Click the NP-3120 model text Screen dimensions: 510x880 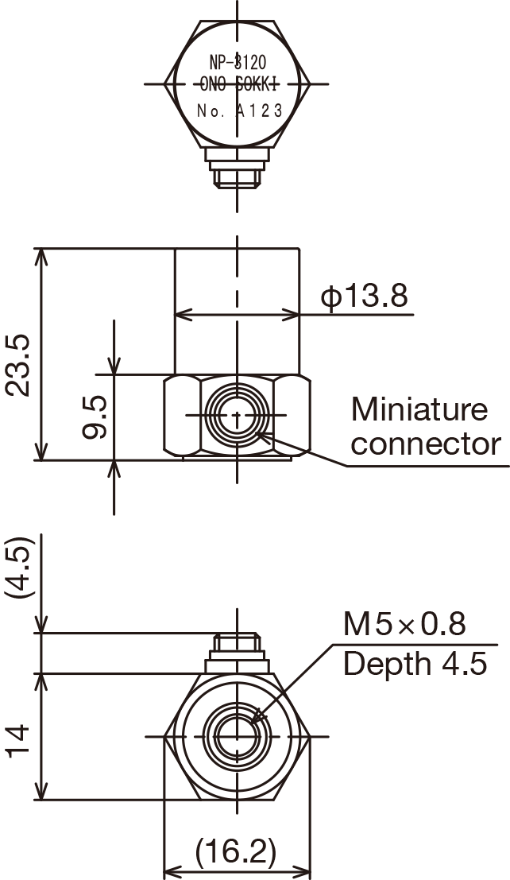[238, 61]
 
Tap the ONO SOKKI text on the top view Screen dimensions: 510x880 [239, 85]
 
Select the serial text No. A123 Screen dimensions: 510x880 [240, 110]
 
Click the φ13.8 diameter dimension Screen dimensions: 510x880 [365, 296]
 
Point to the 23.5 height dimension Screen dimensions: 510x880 [17, 366]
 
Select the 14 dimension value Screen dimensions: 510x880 [18, 741]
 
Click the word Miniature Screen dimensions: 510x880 [419, 409]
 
